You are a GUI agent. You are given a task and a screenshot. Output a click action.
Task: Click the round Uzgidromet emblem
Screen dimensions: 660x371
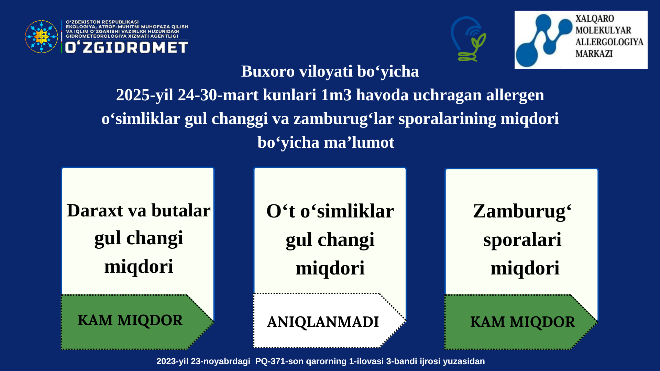pyautogui.click(x=42, y=37)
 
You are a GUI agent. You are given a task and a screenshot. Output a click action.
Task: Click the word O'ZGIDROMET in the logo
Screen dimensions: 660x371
pyautogui.click(x=126, y=47)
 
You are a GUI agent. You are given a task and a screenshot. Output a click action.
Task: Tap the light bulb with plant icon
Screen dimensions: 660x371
pyautogui.click(x=469, y=39)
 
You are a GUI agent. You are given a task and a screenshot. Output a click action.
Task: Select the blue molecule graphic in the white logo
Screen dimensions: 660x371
pyautogui.click(x=544, y=40)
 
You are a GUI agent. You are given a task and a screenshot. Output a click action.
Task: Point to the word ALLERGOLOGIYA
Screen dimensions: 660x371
pyautogui.click(x=609, y=42)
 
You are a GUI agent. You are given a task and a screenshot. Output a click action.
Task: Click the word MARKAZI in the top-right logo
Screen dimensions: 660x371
pyautogui.click(x=594, y=54)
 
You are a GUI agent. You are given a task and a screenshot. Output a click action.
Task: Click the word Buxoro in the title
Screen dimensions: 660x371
pyautogui.click(x=268, y=71)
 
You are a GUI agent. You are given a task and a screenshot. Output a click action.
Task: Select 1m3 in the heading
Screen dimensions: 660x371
pyautogui.click(x=336, y=95)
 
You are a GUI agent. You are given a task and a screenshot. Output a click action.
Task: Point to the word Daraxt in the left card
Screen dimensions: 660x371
pyautogui.click(x=95, y=210)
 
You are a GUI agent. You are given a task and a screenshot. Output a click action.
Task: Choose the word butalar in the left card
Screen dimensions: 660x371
pyautogui.click(x=181, y=210)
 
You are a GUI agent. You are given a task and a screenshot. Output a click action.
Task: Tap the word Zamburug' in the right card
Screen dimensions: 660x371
pyautogui.click(x=522, y=212)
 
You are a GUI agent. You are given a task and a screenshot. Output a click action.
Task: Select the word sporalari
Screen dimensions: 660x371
pyautogui.click(x=522, y=240)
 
